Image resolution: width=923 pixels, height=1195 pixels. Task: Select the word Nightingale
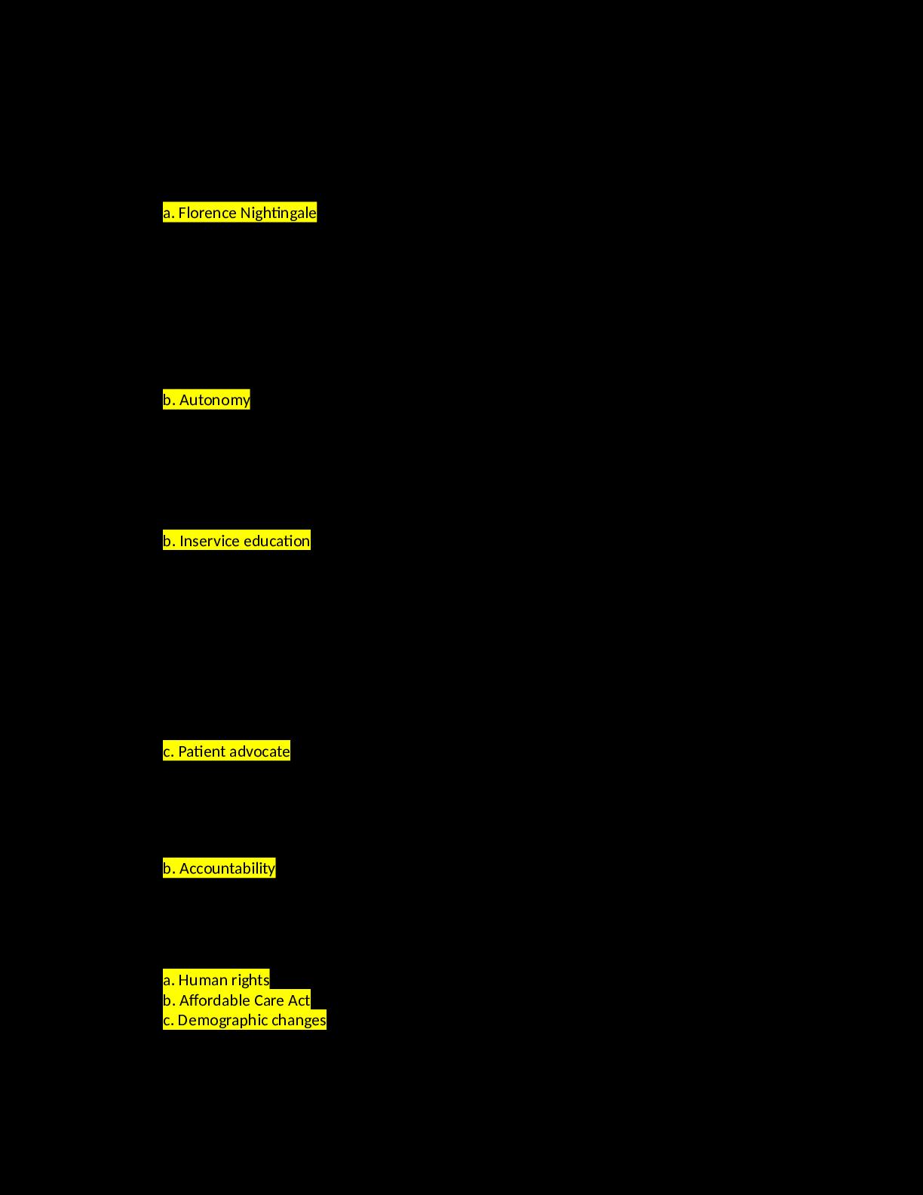(278, 213)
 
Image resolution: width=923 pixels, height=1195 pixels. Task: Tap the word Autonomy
(214, 400)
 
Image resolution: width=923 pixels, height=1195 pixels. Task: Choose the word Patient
(202, 751)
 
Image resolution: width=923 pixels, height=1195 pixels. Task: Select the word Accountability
(227, 868)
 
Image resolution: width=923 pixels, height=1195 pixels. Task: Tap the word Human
(200, 980)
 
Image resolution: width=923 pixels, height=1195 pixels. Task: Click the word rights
(247, 980)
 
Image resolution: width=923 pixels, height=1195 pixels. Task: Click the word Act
(299, 1000)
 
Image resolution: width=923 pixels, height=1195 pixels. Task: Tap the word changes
(299, 1021)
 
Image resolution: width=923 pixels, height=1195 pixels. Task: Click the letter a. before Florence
(169, 213)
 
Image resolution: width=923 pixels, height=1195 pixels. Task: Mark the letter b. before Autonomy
(170, 400)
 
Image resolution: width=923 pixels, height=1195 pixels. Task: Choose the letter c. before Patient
(169, 751)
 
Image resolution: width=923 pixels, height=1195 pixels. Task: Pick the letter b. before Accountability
(170, 868)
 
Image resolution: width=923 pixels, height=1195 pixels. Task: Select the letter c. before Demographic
(169, 1021)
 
